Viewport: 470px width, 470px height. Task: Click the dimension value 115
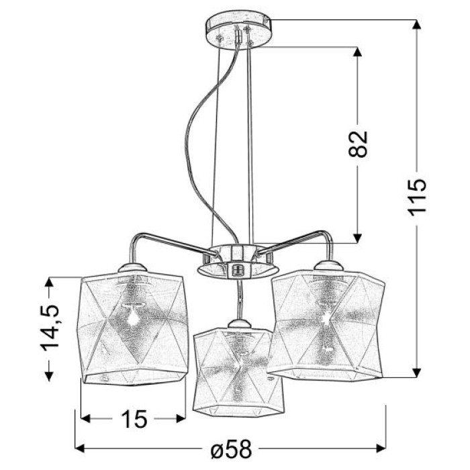pyautogui.click(x=417, y=197)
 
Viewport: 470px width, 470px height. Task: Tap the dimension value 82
pyautogui.click(x=358, y=144)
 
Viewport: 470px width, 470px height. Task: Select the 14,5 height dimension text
pyautogui.click(x=50, y=328)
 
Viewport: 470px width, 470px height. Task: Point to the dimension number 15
pyautogui.click(x=134, y=419)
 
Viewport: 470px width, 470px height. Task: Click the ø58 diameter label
pyautogui.click(x=230, y=449)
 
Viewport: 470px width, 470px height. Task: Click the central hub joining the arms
pyautogui.click(x=238, y=261)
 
